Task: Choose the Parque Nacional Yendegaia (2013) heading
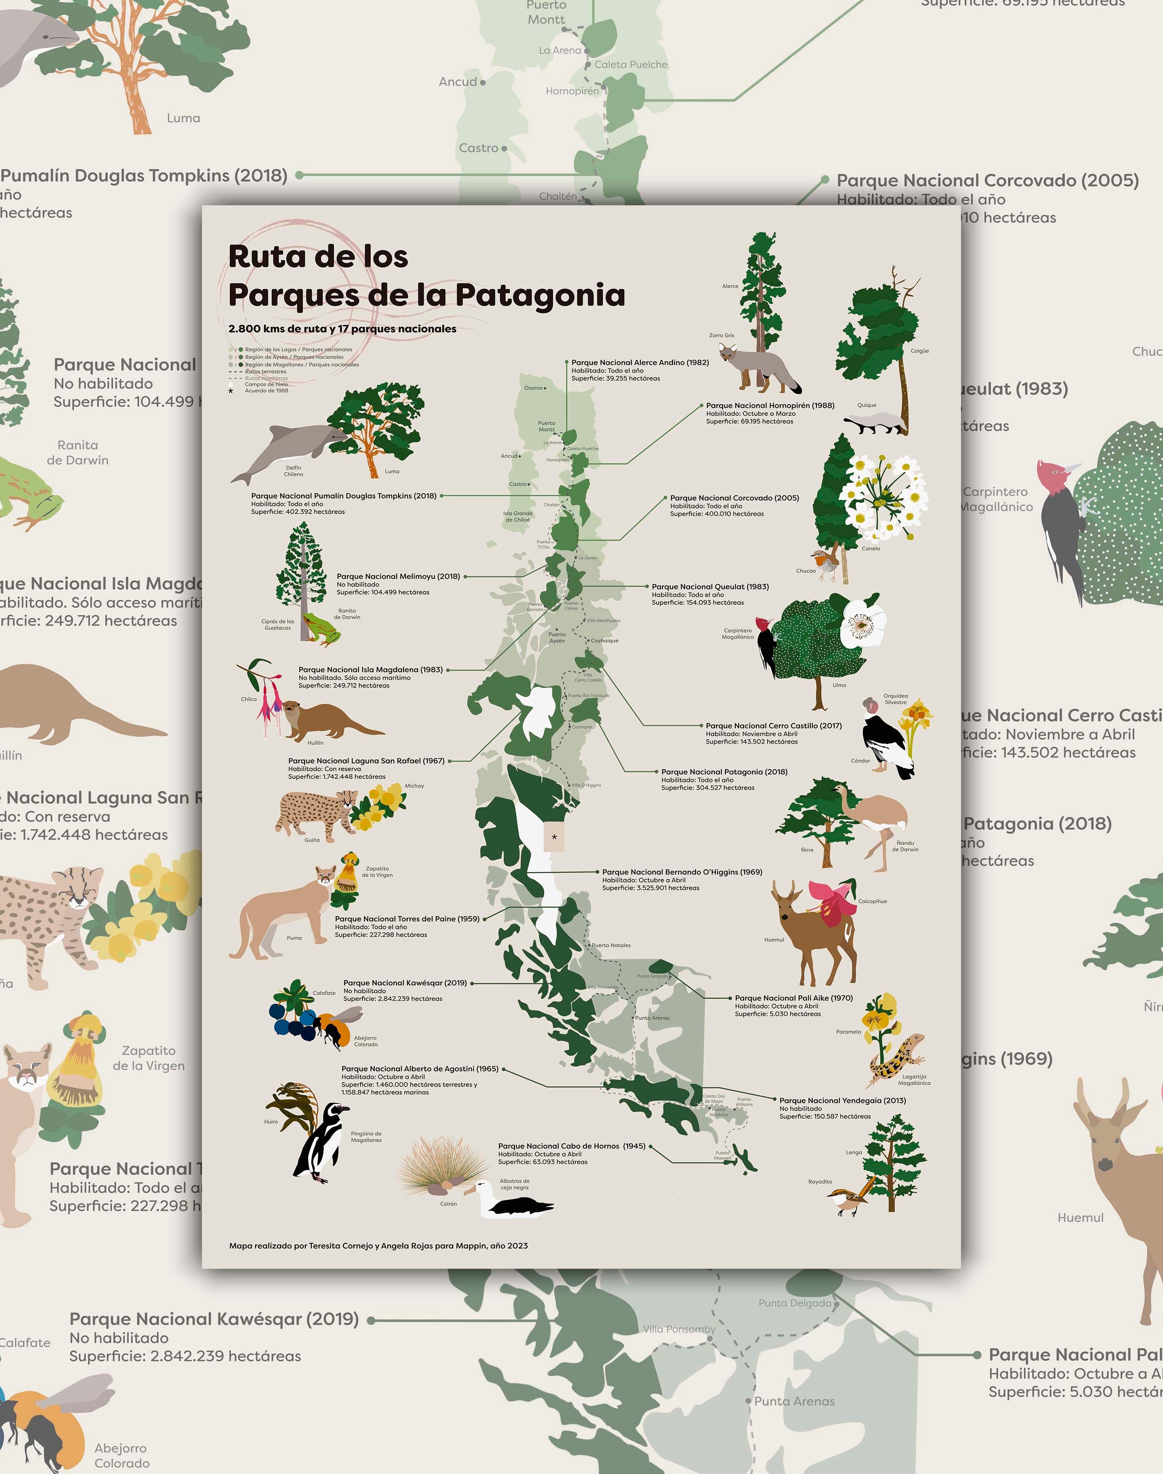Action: [842, 1100]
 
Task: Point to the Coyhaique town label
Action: [605, 640]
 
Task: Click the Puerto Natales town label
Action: [611, 945]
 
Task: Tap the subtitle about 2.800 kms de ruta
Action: [342, 328]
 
